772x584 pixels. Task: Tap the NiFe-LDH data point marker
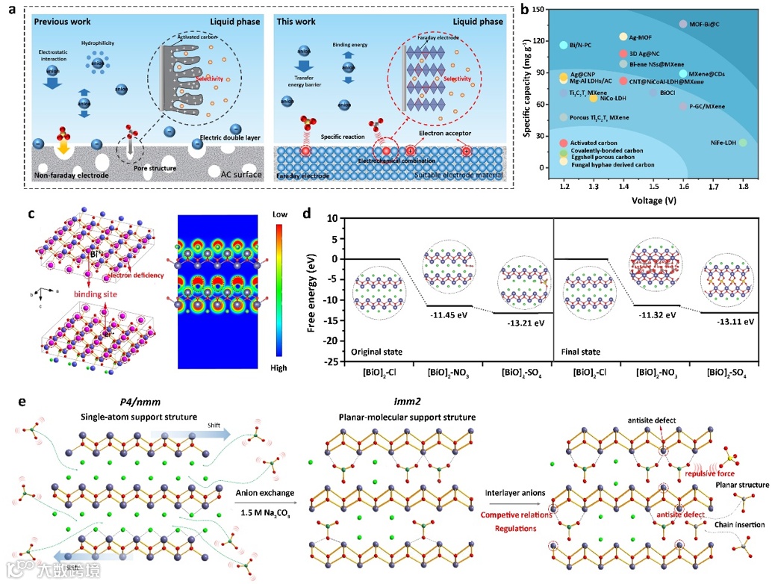pos(743,143)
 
